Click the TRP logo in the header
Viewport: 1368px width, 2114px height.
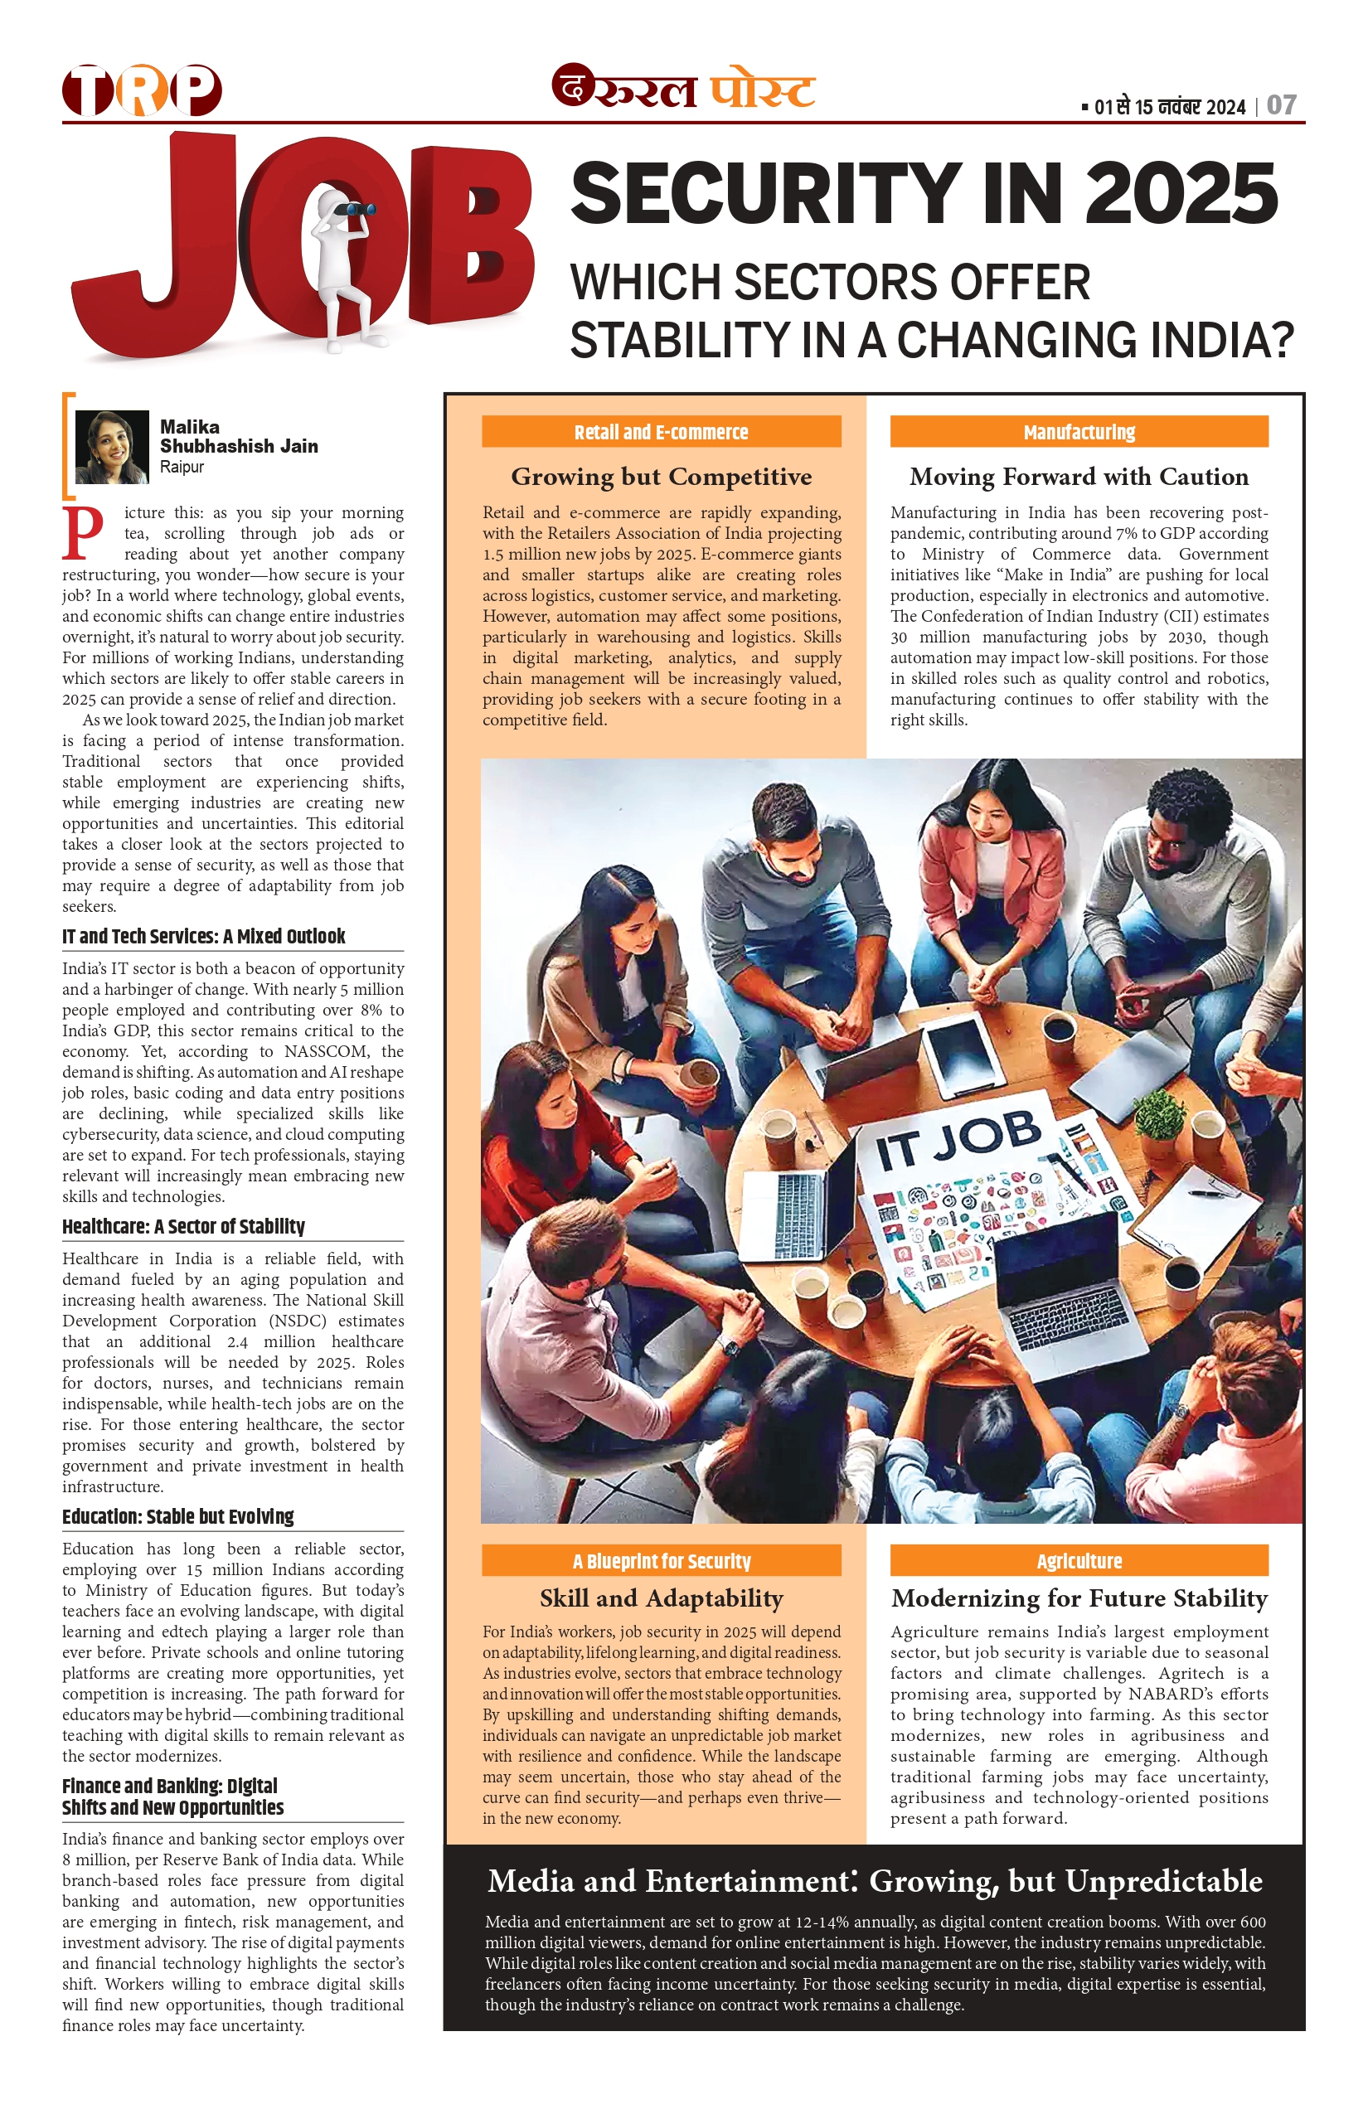(141, 90)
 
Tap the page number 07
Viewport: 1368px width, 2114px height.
(1281, 106)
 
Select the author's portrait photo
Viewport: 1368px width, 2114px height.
(112, 447)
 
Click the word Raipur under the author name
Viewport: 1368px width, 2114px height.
(182, 468)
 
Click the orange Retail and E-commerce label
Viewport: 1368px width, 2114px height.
(661, 433)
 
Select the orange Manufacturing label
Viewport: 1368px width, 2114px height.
(1079, 433)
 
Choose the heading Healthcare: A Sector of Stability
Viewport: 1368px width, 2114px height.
(183, 1227)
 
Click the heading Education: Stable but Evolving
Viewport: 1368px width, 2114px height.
(177, 1516)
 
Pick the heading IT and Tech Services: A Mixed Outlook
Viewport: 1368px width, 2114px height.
(203, 936)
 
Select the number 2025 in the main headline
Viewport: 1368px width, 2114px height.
(1181, 194)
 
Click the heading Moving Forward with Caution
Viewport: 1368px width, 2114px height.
(1079, 477)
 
